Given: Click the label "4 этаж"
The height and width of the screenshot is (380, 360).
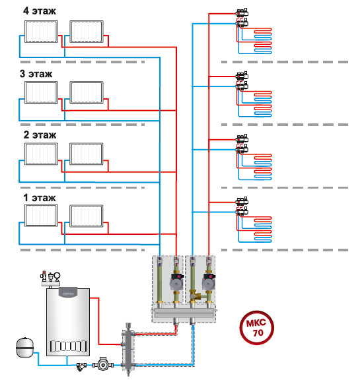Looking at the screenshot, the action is coord(40,11).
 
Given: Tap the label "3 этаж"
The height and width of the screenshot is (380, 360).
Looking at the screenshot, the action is coord(36,74).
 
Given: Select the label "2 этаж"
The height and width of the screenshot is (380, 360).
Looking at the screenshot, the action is coord(40,135).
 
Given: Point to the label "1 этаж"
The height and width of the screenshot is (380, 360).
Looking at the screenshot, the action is coord(40,198).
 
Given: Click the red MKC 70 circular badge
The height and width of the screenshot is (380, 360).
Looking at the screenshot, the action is coord(257,328).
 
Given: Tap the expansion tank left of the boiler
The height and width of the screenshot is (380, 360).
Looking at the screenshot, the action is coord(24,347).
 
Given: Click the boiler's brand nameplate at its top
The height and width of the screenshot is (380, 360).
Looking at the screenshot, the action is coord(68,293).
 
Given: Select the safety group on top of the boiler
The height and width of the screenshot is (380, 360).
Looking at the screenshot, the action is coord(50,278).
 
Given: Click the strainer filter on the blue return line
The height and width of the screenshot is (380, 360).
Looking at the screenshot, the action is coord(81,366).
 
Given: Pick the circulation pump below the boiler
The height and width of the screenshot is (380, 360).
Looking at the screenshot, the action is coord(103,364).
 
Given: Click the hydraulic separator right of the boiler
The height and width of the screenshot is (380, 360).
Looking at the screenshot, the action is coord(128,348).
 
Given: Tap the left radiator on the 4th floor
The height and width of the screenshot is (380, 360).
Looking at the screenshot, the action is coord(41,32).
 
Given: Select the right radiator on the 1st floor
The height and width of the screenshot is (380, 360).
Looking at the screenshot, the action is coord(86,216).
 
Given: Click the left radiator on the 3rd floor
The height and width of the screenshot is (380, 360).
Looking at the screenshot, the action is coord(41,92).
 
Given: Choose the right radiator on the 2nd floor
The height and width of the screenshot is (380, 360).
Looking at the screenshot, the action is coord(86,154).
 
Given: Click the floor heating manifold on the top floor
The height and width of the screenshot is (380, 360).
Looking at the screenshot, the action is coord(242,18).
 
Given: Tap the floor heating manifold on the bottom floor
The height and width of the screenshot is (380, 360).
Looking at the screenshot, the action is coord(242,206).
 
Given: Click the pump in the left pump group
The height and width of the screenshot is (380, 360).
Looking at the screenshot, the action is coord(176,282).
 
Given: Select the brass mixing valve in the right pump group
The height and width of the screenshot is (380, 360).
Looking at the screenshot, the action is coord(196,296).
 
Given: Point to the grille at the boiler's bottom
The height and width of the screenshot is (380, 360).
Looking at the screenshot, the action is coord(68,346).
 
